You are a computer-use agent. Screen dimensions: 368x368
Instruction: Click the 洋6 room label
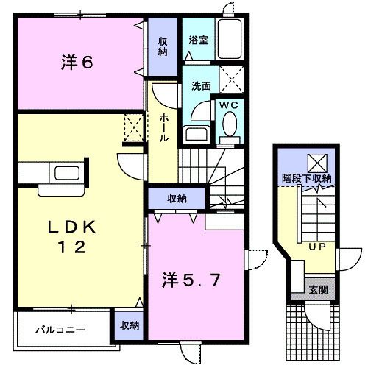pos(77,63)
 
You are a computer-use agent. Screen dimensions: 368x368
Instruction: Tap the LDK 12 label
pos(66,236)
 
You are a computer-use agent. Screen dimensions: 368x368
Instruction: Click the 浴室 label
pos(197,40)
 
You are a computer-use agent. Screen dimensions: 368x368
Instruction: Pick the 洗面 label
pos(201,85)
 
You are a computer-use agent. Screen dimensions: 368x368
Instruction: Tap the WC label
pos(227,105)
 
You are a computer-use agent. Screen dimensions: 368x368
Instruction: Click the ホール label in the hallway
pos(163,128)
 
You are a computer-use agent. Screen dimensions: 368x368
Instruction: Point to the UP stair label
pos(318,247)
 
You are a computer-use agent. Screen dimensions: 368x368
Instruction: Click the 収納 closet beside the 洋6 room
pos(162,46)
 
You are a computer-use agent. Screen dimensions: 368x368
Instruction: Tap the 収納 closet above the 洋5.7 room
pos(176,198)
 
